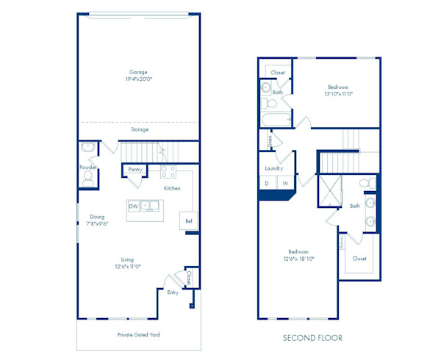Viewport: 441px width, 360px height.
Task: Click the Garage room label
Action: (138, 72)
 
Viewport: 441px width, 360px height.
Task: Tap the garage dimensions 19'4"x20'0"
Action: (138, 80)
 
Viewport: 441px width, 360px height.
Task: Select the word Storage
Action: (140, 129)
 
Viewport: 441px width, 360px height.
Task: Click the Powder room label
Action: (87, 167)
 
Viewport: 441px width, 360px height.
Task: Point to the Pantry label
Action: (135, 170)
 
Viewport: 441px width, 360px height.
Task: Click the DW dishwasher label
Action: (133, 206)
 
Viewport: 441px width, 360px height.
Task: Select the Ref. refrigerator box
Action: (189, 221)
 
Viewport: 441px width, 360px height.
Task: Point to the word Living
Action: (127, 259)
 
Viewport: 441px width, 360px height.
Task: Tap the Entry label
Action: (173, 292)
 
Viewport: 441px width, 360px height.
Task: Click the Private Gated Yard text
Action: (138, 334)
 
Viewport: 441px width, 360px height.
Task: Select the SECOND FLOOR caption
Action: (312, 338)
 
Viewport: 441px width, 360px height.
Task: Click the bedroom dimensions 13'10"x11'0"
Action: (338, 94)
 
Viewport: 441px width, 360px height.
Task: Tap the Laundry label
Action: (274, 168)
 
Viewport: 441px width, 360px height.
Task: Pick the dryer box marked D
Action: (266, 184)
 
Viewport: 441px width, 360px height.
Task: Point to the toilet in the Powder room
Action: (88, 177)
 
